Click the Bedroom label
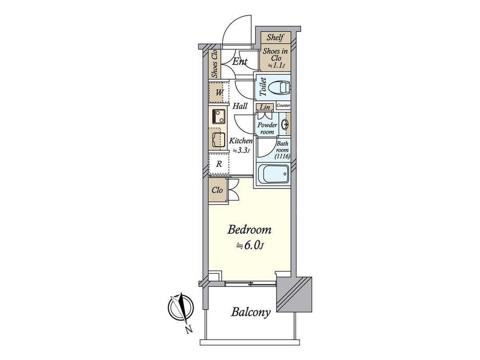click(x=249, y=230)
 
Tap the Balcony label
click(x=251, y=312)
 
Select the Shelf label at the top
click(x=275, y=37)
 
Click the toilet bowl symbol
click(x=279, y=88)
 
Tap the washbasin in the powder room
click(x=285, y=124)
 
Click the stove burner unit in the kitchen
click(x=218, y=116)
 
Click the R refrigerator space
click(x=219, y=164)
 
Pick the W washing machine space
click(x=219, y=92)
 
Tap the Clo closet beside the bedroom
click(x=217, y=190)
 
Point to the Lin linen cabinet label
click(x=265, y=108)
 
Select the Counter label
click(x=283, y=105)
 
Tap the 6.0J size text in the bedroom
click(x=249, y=245)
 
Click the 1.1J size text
click(x=277, y=65)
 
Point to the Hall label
click(x=240, y=106)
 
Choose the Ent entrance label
click(x=240, y=61)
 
